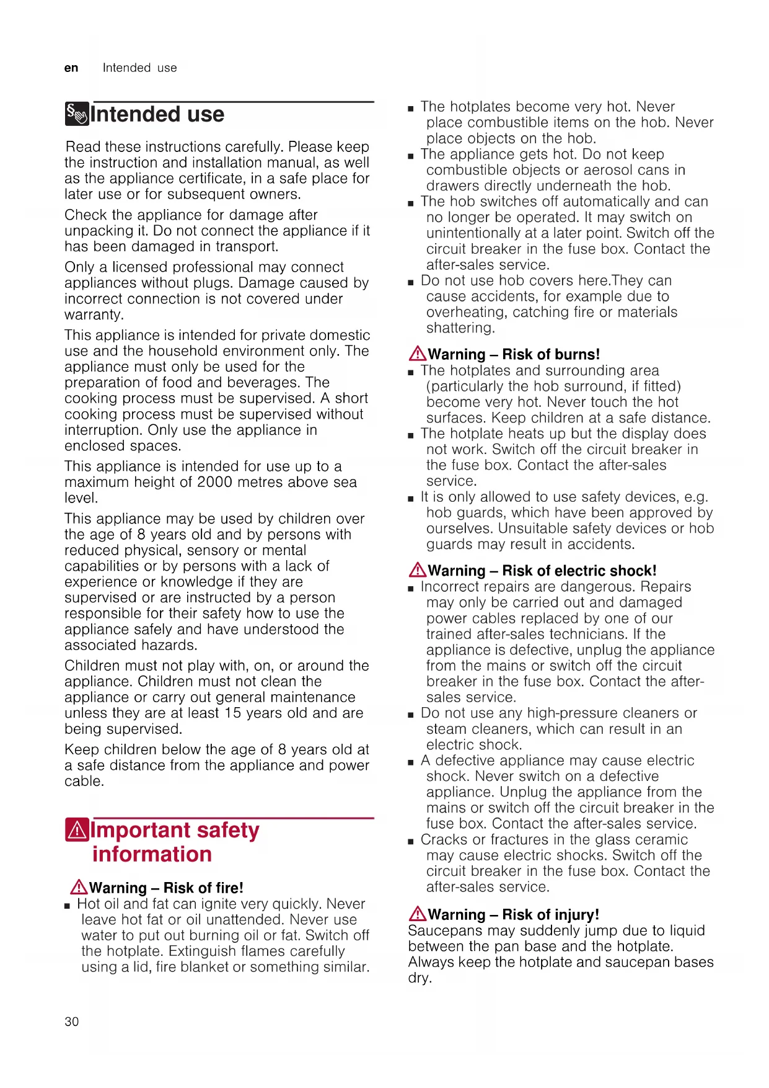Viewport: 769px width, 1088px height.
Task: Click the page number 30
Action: click(x=72, y=1022)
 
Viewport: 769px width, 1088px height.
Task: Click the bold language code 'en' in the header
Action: click(x=71, y=68)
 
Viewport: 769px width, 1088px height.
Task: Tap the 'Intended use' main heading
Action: click(x=157, y=115)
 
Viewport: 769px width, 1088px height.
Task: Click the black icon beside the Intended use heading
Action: click(x=77, y=114)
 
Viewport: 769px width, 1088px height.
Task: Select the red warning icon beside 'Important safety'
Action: click(x=77, y=830)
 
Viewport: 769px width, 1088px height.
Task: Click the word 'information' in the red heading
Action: click(x=152, y=855)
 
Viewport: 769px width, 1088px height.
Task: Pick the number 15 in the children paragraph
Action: click(x=232, y=713)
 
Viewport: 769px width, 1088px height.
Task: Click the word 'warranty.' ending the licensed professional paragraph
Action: click(x=94, y=315)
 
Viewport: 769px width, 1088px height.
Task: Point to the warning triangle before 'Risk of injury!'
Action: click(x=417, y=914)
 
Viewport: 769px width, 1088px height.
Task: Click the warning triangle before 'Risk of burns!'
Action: click(x=417, y=354)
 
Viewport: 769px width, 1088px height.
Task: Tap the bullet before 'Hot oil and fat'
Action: click(x=67, y=906)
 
